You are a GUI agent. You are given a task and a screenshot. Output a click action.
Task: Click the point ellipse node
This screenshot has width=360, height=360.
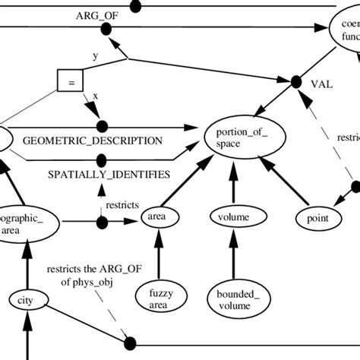pyautogui.click(x=318, y=219)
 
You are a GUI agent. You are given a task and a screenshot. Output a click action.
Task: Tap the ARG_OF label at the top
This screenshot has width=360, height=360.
pyautogui.click(x=96, y=15)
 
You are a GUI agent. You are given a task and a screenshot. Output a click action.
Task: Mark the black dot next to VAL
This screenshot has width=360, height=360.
pyautogui.click(x=297, y=80)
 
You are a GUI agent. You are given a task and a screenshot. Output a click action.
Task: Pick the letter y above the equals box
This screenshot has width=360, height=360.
pyautogui.click(x=95, y=55)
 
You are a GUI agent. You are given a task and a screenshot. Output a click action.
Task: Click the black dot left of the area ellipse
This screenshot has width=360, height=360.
pyautogui.click(x=101, y=223)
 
